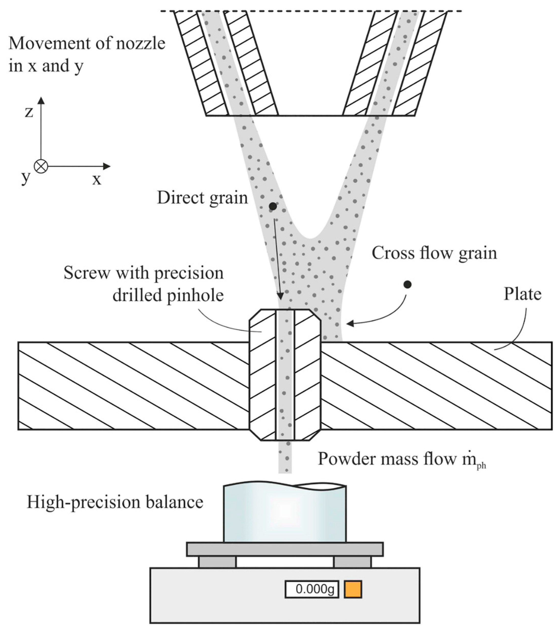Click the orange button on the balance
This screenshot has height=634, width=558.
[353, 589]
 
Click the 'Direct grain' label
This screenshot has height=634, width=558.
[202, 197]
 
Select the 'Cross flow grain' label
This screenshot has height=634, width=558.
[434, 253]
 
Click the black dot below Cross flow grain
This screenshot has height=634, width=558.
[407, 284]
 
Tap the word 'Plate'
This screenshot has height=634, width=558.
[522, 294]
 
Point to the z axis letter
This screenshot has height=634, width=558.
[29, 112]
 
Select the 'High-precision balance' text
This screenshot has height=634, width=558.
[115, 502]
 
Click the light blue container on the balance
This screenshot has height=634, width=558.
[285, 513]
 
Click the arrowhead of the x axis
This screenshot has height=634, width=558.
[107, 167]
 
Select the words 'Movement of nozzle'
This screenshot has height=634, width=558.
[87, 43]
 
